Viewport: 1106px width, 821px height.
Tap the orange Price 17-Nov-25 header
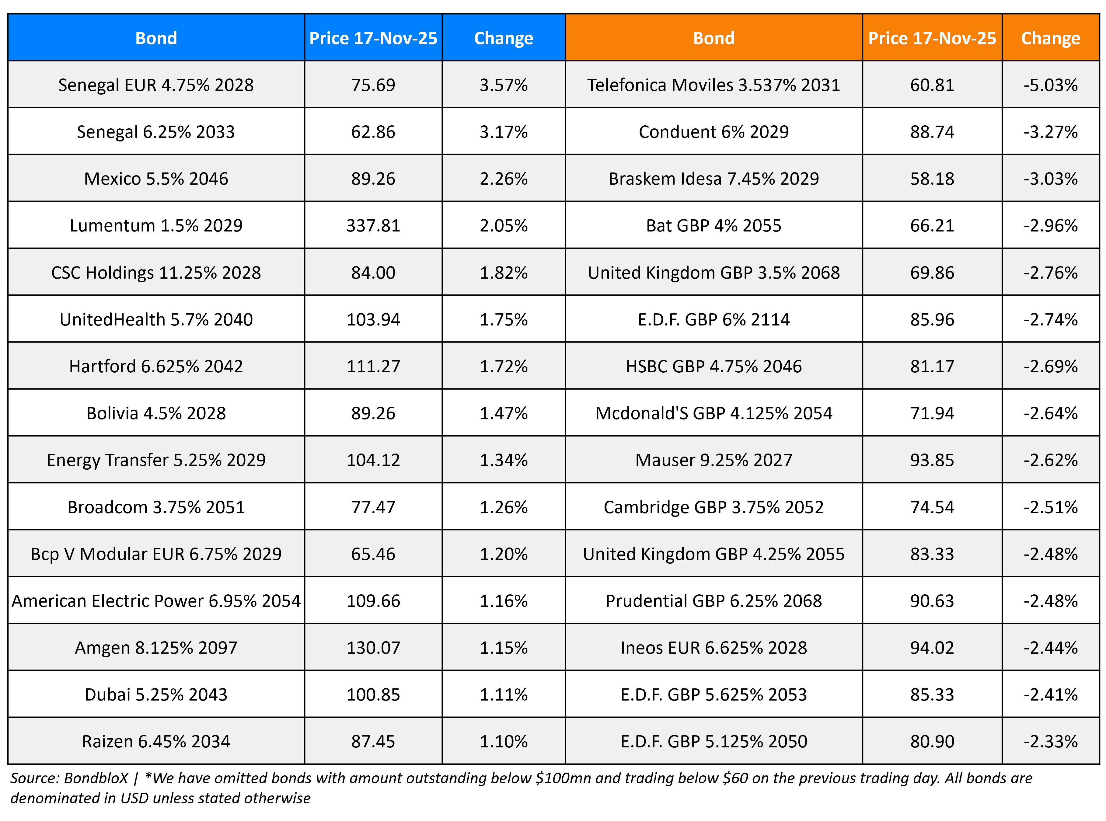tap(932, 38)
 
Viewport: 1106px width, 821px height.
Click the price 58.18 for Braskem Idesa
tap(932, 179)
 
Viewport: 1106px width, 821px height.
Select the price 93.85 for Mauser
tap(932, 460)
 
